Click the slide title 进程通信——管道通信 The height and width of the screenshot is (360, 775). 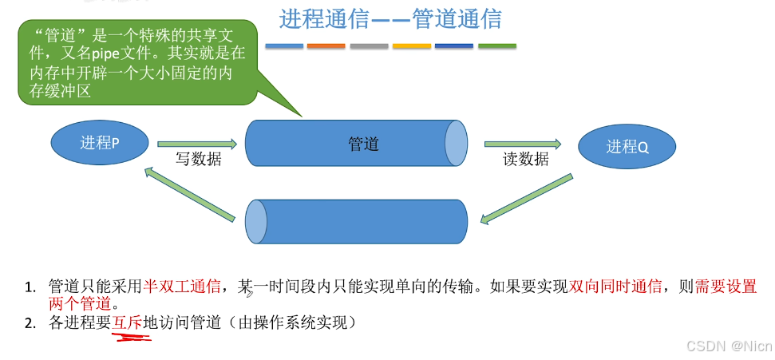pyautogui.click(x=390, y=19)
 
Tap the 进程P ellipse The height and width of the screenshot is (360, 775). pyautogui.click(x=100, y=143)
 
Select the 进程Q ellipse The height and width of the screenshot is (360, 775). pyautogui.click(x=627, y=146)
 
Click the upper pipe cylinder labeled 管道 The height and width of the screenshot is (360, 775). pyautogui.click(x=355, y=144)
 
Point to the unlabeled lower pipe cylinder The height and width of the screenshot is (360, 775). pyautogui.click(x=355, y=221)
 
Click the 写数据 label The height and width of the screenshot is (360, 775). pyautogui.click(x=198, y=160)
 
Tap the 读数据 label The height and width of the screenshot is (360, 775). pyautogui.click(x=525, y=160)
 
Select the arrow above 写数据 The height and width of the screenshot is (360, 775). pyautogui.click(x=197, y=144)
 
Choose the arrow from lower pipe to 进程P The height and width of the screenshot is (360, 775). pyautogui.click(x=190, y=192)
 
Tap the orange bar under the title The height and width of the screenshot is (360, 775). pyautogui.click(x=326, y=46)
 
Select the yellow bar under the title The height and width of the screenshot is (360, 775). pyautogui.click(x=411, y=46)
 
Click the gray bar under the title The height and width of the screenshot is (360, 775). pyautogui.click(x=368, y=46)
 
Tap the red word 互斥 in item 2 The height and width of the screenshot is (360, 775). pyautogui.click(x=126, y=323)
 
